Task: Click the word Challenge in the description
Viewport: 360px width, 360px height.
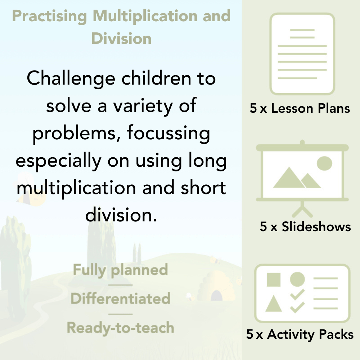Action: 71,78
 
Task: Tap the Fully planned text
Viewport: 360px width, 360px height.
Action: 121,270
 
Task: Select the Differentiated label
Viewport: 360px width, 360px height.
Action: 121,299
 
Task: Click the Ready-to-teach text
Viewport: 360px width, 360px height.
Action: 121,328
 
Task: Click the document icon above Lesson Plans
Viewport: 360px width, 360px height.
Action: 302,54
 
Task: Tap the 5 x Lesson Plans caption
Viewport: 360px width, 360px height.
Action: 300,108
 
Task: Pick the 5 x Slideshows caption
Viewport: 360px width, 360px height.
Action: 305,227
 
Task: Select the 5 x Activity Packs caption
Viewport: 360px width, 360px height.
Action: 300,335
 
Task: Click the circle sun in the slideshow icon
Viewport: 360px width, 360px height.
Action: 324,163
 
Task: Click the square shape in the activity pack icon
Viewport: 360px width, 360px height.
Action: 274,279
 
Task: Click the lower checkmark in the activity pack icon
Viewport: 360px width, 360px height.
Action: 297,307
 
